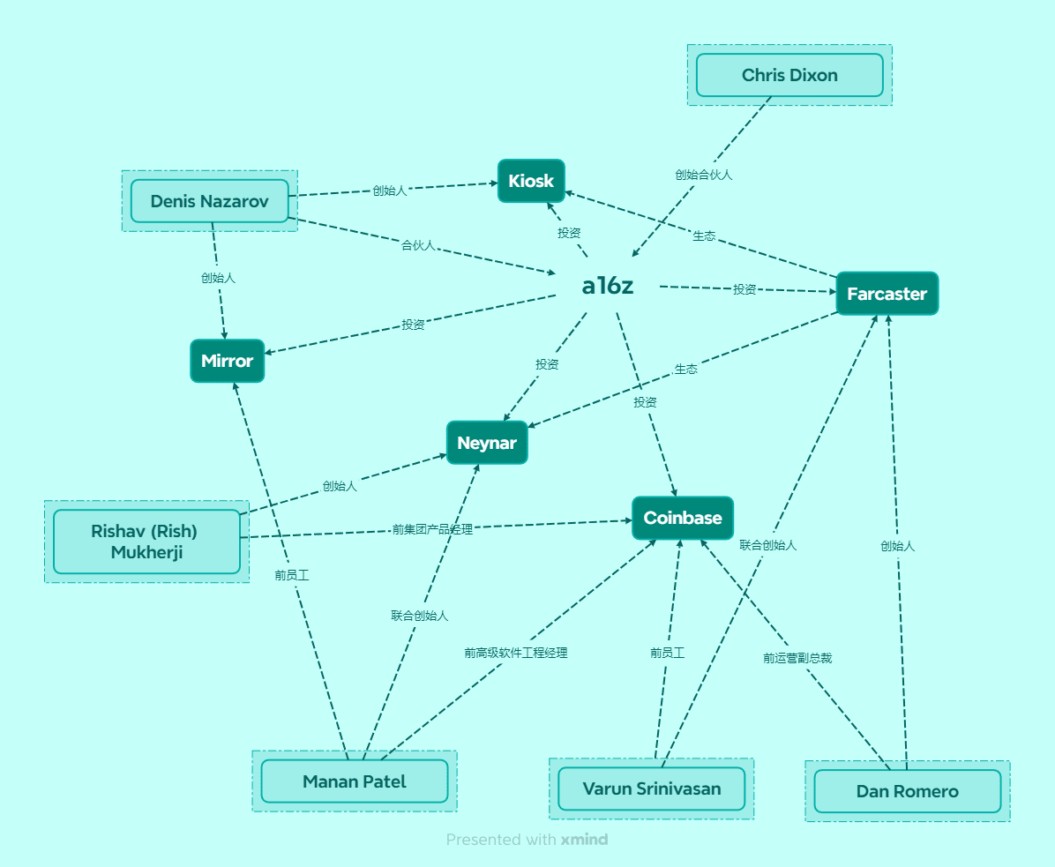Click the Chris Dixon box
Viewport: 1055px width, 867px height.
point(789,75)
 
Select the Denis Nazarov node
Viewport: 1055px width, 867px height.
point(209,201)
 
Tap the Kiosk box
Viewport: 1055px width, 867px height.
point(531,181)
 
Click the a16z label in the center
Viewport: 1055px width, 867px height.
point(608,286)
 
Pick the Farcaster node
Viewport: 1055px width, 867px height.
point(887,294)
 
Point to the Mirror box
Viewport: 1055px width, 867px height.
point(227,361)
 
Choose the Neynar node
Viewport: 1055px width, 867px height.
point(487,443)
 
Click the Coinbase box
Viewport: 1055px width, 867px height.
point(683,518)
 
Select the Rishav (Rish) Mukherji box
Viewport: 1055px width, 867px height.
point(146,542)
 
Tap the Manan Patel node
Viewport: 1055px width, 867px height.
point(354,781)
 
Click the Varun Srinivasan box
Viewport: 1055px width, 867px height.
point(651,789)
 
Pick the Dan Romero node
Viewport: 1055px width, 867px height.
point(907,791)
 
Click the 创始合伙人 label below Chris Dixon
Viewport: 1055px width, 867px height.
point(704,175)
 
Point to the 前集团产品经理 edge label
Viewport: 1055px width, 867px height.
point(432,529)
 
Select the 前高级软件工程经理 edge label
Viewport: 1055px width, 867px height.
point(516,653)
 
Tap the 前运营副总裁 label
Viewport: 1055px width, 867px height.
point(797,657)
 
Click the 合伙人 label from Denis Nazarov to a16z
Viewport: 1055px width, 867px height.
point(418,245)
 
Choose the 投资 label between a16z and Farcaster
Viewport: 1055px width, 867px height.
point(744,289)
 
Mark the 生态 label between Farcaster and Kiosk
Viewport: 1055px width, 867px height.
point(704,236)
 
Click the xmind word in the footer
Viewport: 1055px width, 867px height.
point(584,840)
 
